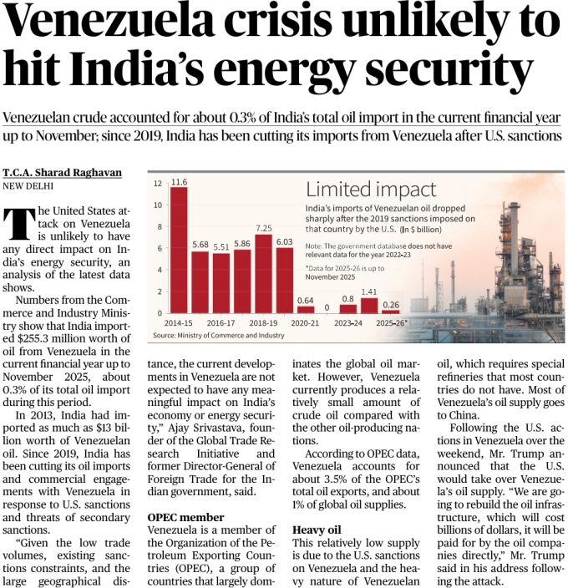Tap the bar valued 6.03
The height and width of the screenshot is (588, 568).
coord(284,281)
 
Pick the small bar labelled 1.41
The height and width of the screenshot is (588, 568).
coord(369,306)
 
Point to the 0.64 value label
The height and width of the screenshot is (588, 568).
coord(305,300)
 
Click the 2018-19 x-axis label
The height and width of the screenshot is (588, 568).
coord(263,322)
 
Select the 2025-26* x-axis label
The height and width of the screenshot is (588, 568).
coord(391,322)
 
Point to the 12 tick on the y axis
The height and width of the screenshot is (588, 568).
coord(158,183)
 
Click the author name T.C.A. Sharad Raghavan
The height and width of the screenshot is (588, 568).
coord(63,173)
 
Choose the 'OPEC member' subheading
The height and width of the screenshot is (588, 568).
coord(185,518)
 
